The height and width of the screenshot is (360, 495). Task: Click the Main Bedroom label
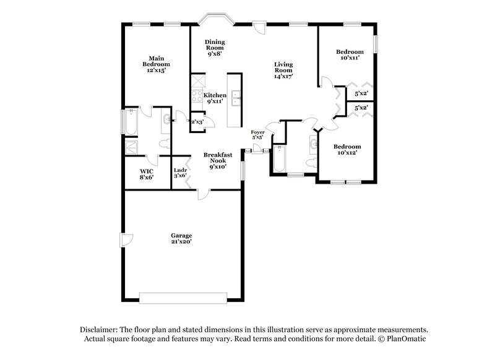tap(155, 64)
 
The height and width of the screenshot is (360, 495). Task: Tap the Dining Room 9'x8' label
tap(215, 48)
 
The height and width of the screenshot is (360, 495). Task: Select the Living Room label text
tap(283, 70)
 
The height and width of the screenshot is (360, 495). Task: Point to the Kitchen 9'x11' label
tap(215, 98)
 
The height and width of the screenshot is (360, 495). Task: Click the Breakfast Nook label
tap(218, 160)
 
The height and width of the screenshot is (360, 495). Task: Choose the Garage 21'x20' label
tap(181, 239)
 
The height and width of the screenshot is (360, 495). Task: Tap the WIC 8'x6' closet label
tap(146, 174)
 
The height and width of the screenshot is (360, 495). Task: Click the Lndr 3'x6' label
tap(180, 174)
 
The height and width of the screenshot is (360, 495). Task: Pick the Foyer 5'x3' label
tap(258, 135)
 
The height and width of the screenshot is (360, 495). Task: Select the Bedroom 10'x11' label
tap(350, 54)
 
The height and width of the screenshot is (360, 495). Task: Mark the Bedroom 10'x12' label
tap(347, 149)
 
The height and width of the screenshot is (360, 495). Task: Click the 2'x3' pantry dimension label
tap(197, 122)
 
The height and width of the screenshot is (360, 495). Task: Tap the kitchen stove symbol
tap(197, 96)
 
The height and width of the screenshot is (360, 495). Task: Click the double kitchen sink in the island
tap(236, 96)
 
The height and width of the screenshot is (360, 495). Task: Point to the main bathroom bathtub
tap(132, 122)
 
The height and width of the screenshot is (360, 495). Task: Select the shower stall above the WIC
tap(132, 147)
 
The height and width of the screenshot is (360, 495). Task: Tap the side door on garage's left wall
tap(126, 239)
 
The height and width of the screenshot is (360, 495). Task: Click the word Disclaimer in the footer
tap(98, 330)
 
